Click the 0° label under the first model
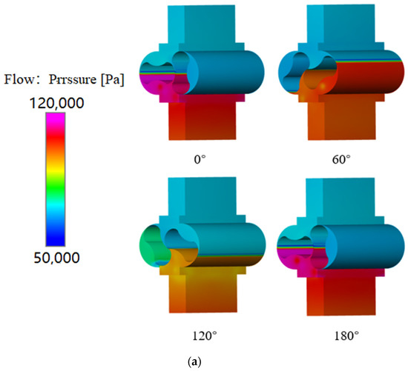tap(197, 158)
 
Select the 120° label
tap(197, 335)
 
